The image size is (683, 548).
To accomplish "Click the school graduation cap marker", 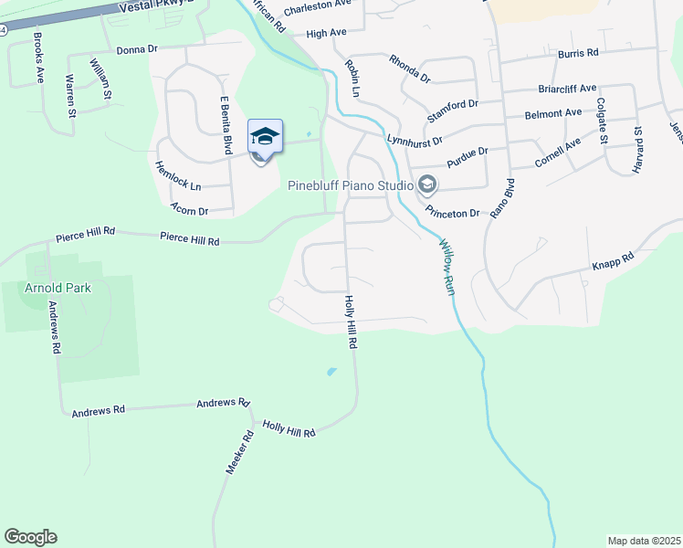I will pos(265,138).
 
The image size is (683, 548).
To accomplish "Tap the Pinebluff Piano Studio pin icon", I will pos(426,186).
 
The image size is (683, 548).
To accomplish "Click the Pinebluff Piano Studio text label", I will pos(351,185).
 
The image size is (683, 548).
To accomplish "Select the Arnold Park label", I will pos(58,288).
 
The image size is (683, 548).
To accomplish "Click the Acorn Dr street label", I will pos(191,211).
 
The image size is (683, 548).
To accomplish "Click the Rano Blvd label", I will pos(498,196).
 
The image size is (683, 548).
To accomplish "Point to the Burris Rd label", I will pos(578,53).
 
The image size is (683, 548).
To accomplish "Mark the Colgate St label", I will pos(601,121).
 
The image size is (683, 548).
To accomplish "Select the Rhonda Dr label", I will pos(409,68).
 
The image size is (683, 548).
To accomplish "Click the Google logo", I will pos(30,537).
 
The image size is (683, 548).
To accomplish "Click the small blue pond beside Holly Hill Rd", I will pos(331,372).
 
